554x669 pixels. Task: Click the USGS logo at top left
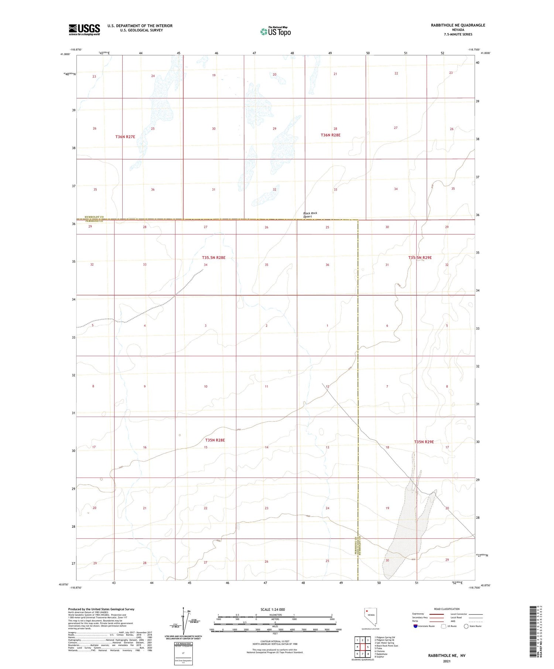coord(84,30)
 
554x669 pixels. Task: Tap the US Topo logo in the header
coord(276,32)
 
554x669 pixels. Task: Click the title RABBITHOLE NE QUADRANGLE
coord(458,25)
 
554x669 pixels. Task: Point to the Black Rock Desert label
coord(310,215)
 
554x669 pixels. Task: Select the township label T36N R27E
coord(125,137)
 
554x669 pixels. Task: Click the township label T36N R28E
coord(331,135)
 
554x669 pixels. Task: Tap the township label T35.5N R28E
coord(213,258)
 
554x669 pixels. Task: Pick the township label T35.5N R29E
coord(420,258)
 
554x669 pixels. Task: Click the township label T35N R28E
coord(215,440)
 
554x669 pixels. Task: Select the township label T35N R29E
coord(424,442)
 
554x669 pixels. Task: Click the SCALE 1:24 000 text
coord(273,610)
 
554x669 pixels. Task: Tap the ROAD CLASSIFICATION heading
coord(447,609)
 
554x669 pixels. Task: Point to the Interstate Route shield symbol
coord(415,626)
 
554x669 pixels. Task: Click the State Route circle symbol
coord(466,626)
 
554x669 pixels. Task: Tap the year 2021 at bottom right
coord(447,661)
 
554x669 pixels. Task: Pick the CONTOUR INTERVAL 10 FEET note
coord(275,641)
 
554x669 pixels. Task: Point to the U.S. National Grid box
coord(183,654)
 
